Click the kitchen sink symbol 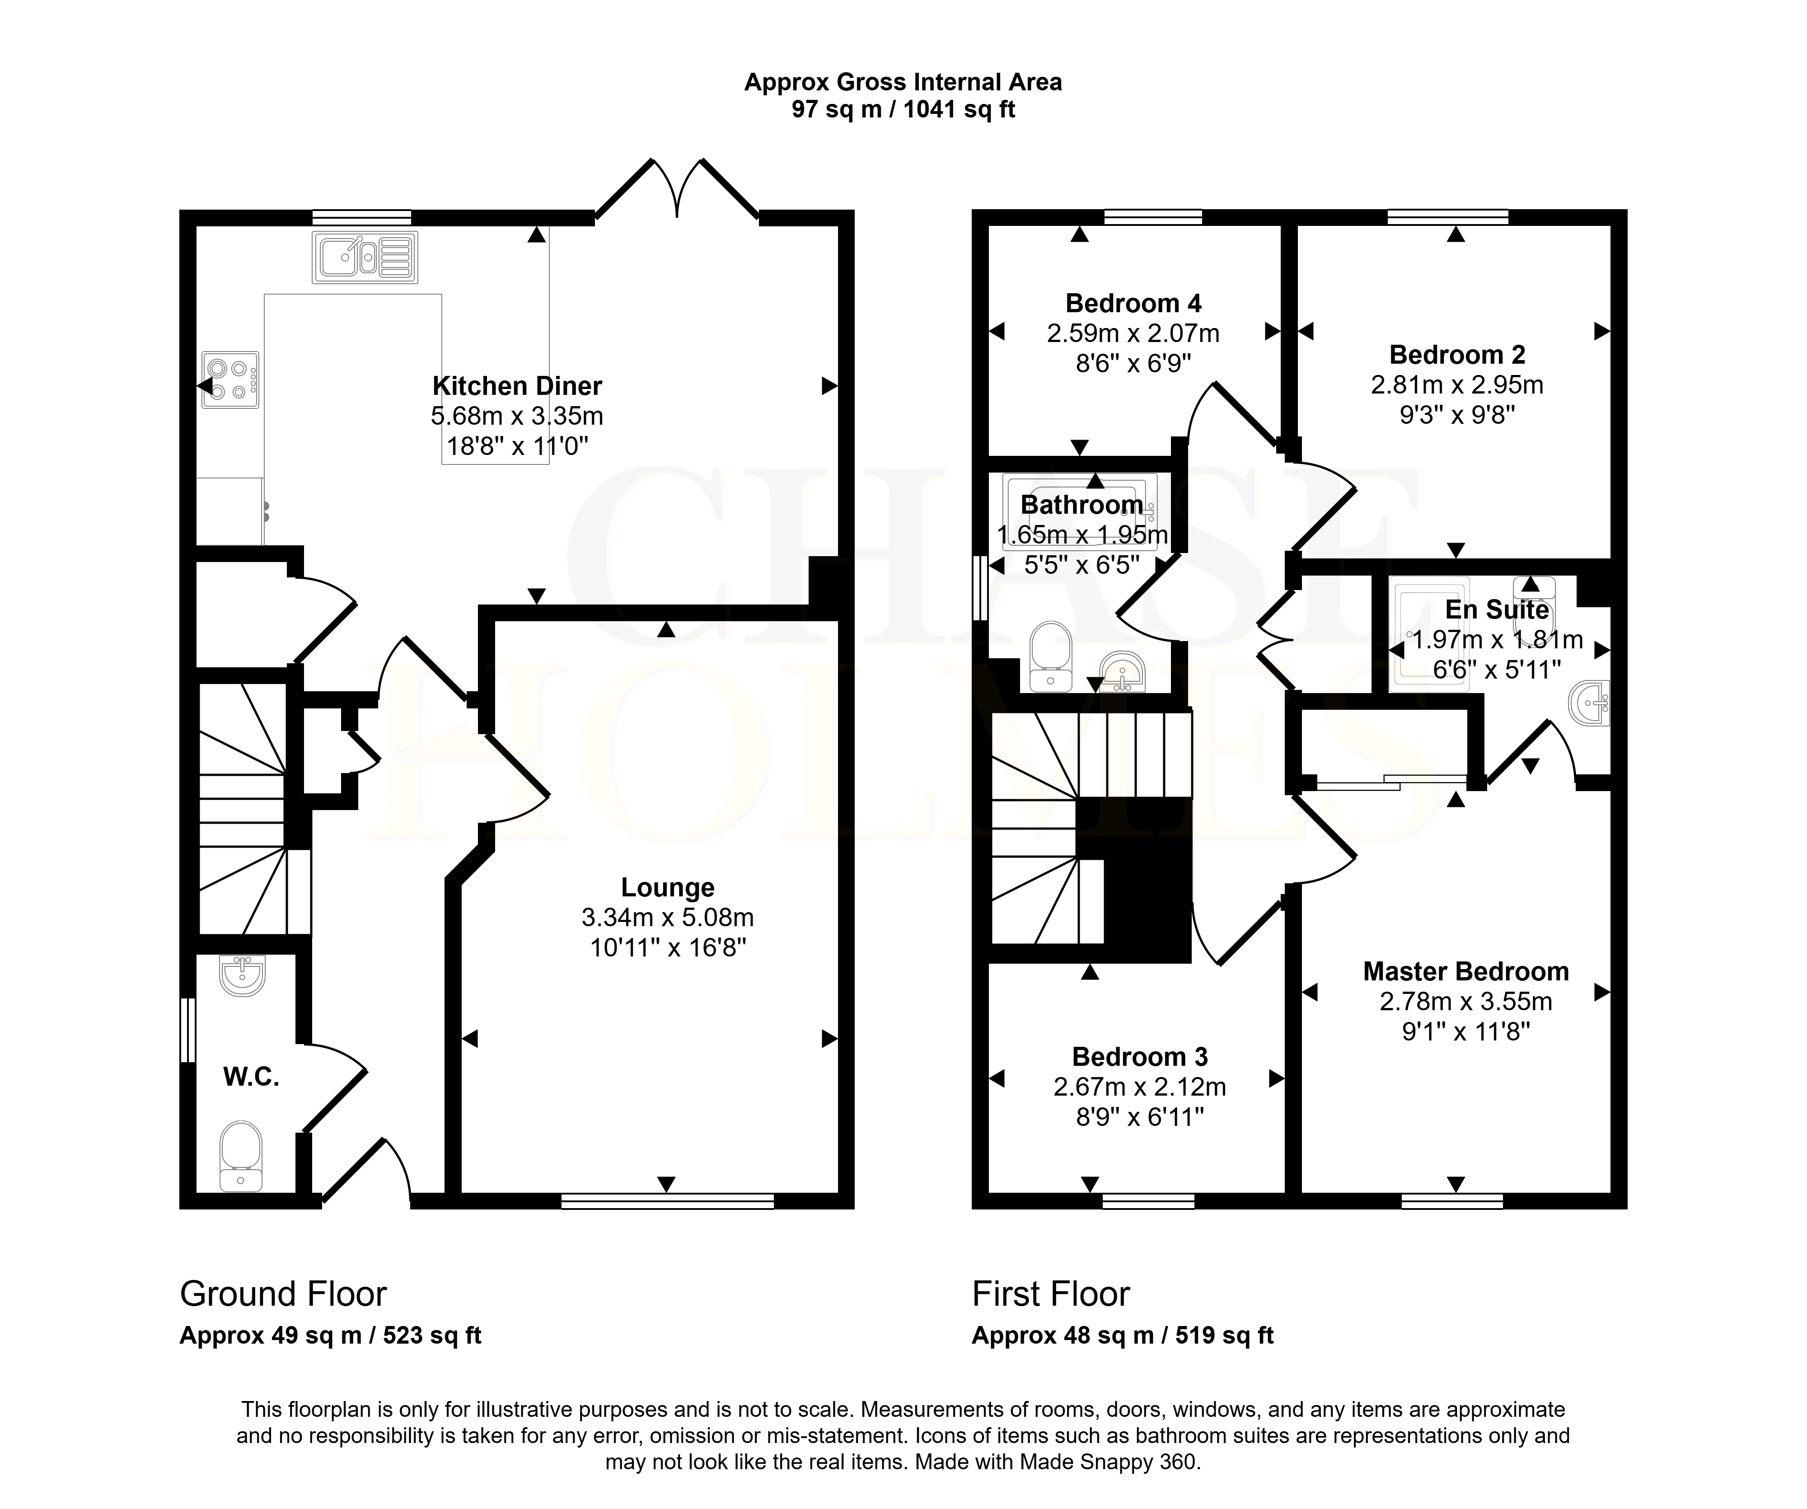365,256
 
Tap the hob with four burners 230,380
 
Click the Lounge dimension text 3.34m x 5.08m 668,918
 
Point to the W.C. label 251,1077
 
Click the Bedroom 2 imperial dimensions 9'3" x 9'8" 1457,415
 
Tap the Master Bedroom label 1466,971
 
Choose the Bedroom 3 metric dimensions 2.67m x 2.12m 1140,1087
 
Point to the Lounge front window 668,1201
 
